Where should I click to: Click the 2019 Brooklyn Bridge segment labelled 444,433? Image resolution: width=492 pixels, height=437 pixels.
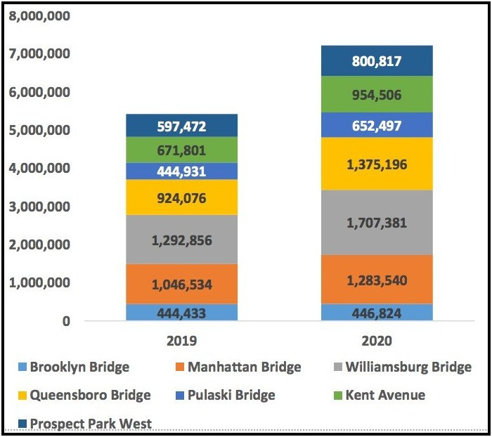click(181, 313)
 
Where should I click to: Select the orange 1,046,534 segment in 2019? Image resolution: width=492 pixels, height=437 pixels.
click(181, 284)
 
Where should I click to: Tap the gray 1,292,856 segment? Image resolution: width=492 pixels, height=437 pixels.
click(181, 240)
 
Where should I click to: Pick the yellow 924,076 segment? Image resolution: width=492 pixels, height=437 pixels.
click(181, 197)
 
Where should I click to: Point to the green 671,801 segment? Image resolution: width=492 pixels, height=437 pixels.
click(181, 150)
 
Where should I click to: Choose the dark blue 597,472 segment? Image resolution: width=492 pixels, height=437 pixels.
click(181, 126)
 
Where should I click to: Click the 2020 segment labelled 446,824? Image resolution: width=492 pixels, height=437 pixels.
click(377, 313)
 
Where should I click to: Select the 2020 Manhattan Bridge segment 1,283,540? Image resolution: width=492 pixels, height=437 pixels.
click(377, 279)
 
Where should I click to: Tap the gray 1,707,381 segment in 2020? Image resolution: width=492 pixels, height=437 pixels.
click(377, 223)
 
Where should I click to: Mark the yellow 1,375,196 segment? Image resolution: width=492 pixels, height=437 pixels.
click(377, 164)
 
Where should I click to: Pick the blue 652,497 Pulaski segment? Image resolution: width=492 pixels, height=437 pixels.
click(377, 125)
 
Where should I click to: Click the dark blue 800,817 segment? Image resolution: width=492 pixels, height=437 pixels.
click(377, 61)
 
